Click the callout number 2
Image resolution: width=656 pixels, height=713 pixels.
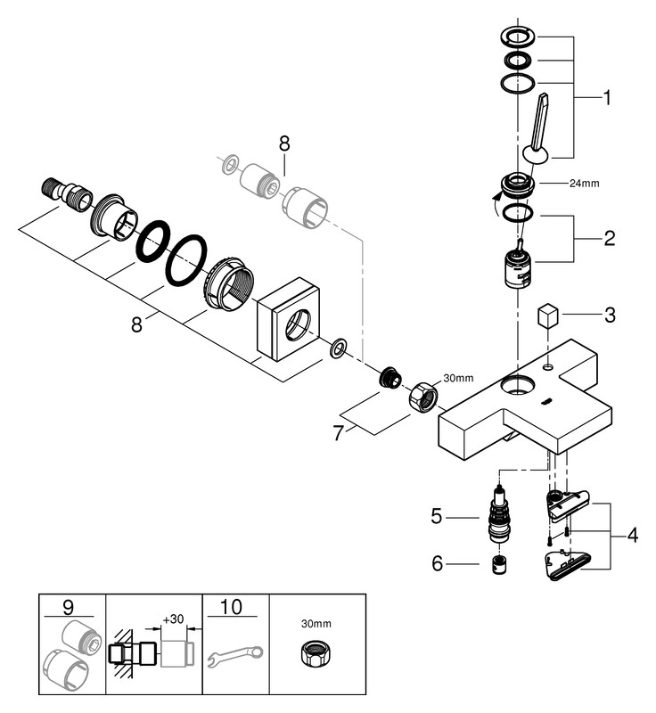coord(609,238)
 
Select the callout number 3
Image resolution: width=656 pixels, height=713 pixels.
coord(609,315)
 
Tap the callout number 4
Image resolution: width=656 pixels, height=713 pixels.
coord(632,536)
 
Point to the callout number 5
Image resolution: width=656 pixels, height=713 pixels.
coord(437,514)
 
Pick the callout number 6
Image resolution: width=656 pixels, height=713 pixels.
coord(437,563)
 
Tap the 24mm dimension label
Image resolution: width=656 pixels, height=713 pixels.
coord(585,184)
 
